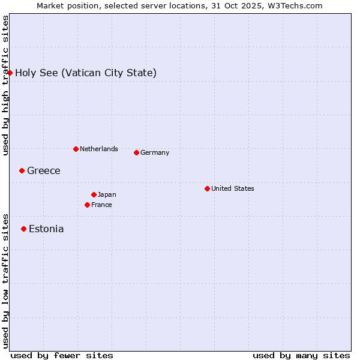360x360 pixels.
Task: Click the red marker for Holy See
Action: tap(10, 73)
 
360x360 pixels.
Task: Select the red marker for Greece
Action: tap(22, 170)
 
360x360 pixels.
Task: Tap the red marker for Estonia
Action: tap(24, 229)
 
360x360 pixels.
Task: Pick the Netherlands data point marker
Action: tap(76, 149)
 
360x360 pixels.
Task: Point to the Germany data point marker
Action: tap(136, 152)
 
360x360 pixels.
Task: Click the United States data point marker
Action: tap(207, 188)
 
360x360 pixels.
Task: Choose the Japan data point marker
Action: tap(94, 194)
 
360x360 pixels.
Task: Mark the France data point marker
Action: tap(88, 205)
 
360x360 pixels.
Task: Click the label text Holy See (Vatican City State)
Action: tap(86, 73)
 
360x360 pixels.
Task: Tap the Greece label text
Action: tap(44, 171)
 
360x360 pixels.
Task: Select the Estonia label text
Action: tap(46, 229)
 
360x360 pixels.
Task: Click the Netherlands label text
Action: tap(99, 149)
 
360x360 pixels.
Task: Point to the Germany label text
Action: tap(155, 152)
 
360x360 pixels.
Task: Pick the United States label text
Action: tap(233, 188)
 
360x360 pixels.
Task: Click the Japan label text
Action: tap(107, 194)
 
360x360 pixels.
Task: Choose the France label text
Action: tap(101, 205)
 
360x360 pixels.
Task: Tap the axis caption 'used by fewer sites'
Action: tap(62, 355)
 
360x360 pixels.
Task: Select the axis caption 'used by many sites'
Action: tap(301, 355)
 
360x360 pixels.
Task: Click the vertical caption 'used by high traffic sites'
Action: tap(5, 85)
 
